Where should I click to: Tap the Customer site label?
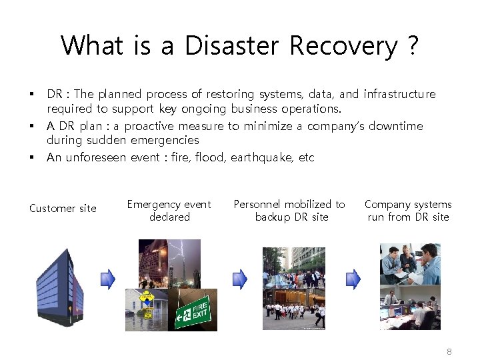pos(63,209)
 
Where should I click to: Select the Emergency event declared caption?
pos(169,211)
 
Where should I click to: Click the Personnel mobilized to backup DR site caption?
pos(289,211)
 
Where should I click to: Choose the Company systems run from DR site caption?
pos(408,211)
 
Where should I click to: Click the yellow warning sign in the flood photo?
pos(145,297)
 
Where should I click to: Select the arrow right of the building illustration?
pos(107,278)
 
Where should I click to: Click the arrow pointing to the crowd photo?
pos(239,278)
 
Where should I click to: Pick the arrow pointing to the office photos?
pos(353,278)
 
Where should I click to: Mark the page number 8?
pos(449,351)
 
